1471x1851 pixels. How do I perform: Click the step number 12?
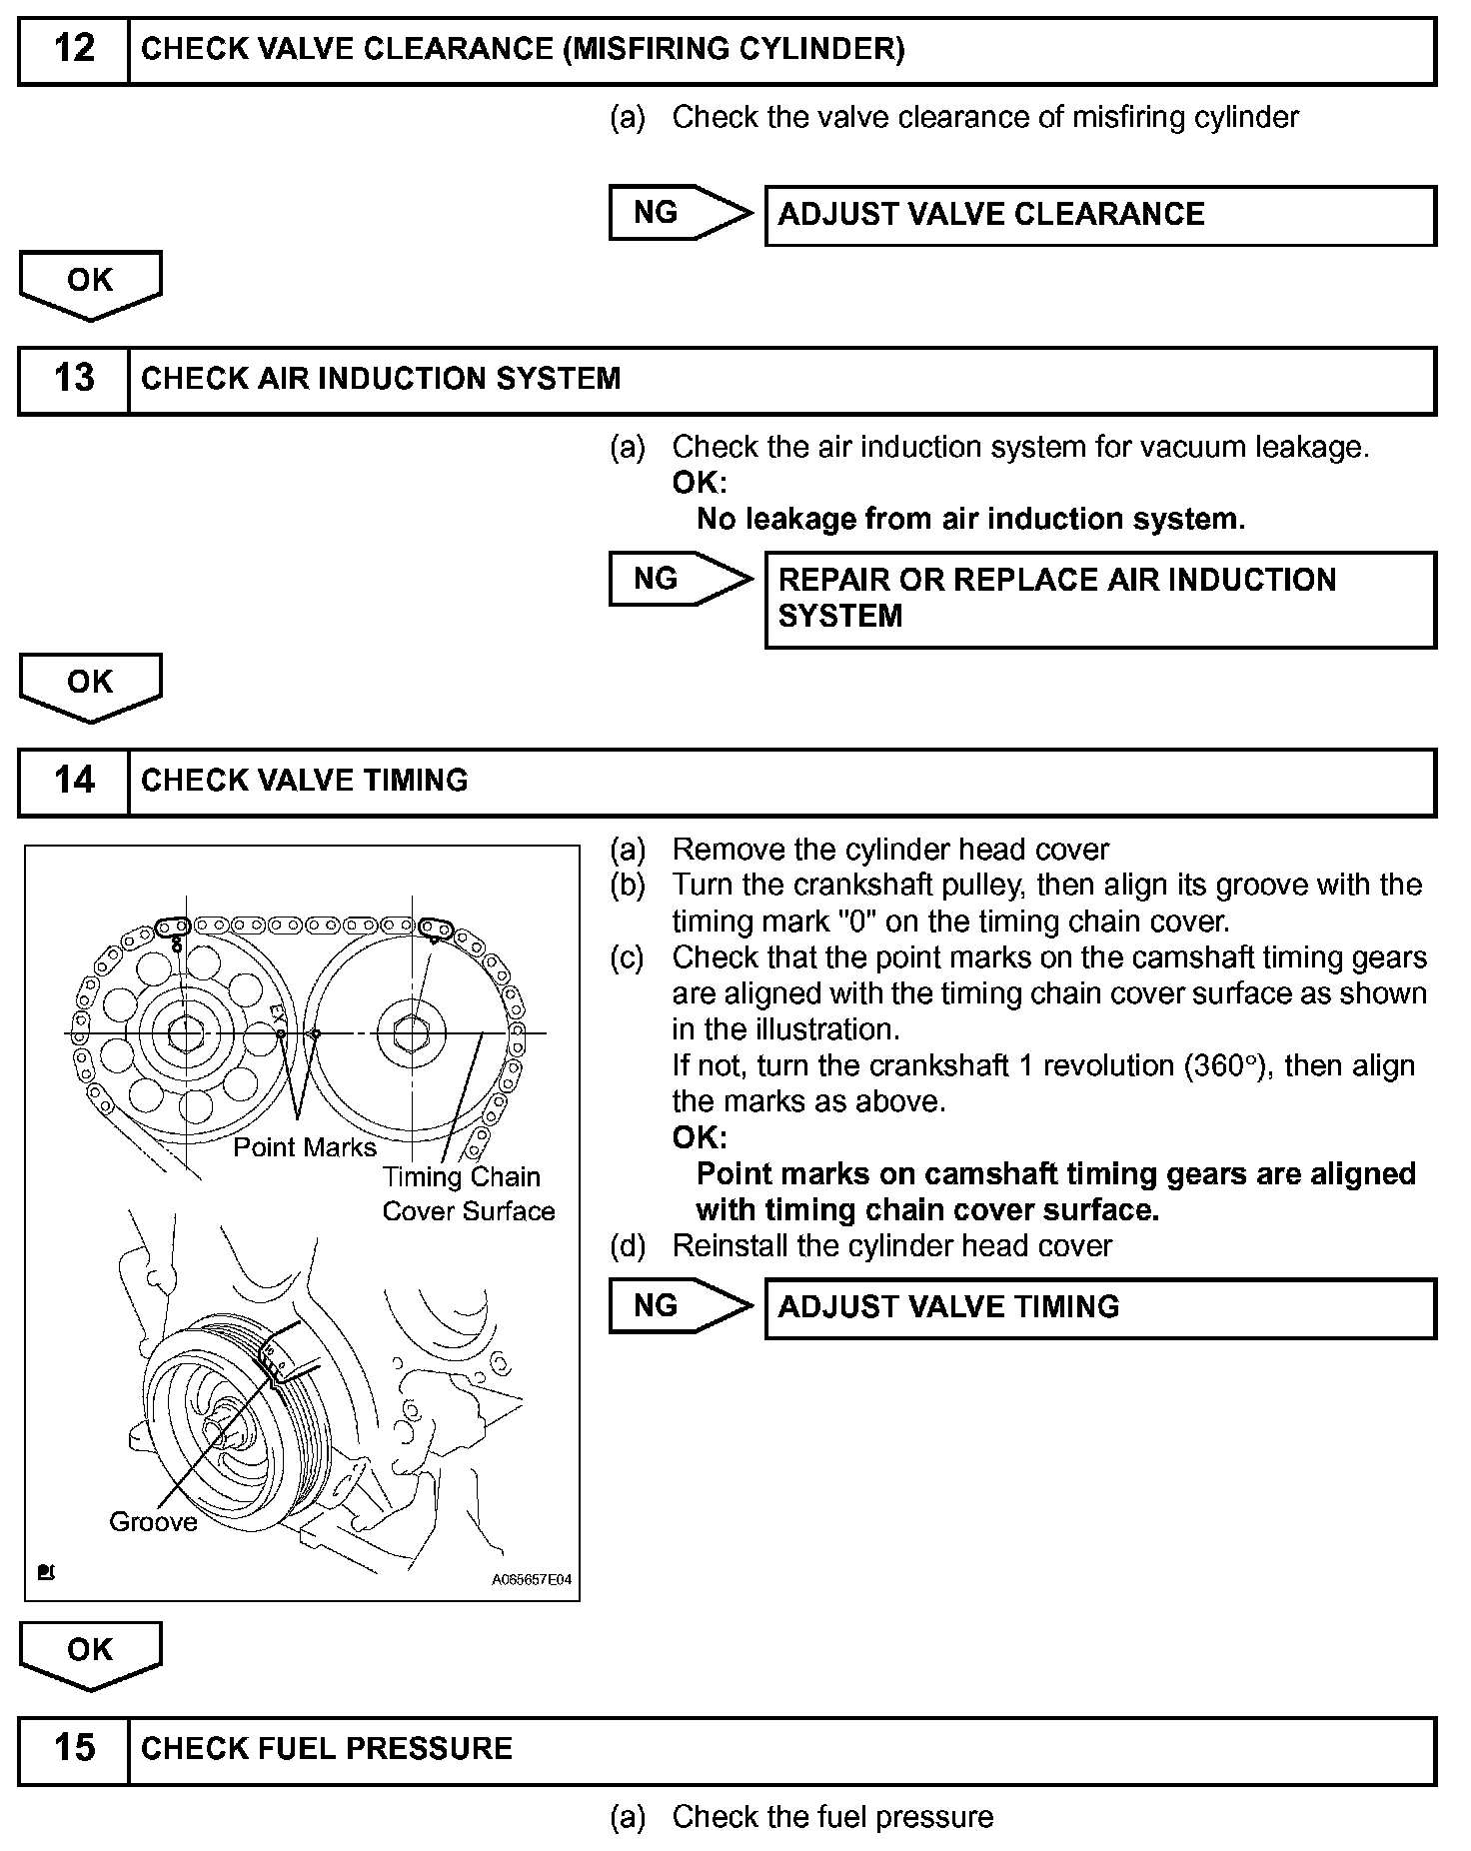pos(74,49)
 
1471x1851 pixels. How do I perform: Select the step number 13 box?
pos(74,379)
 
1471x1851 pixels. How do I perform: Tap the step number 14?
pos(74,781)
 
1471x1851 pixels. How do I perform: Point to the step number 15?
pos(74,1748)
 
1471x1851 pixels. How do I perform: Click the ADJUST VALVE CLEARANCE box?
pos(1099,215)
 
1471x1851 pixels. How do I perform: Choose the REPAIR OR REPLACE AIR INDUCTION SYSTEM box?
pos(1099,599)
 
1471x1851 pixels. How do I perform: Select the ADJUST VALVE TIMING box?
pos(1099,1307)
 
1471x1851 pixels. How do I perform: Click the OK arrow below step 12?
pos(90,284)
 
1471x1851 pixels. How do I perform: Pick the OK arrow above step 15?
pos(90,1653)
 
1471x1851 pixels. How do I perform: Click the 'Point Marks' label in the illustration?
pos(305,1147)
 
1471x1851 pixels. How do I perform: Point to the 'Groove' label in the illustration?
pos(153,1522)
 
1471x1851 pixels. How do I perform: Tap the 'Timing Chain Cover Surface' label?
pos(468,1194)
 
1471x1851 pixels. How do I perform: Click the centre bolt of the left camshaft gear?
pos(185,1032)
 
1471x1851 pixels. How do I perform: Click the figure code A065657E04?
pos(531,1580)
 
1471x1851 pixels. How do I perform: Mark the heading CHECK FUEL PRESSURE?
pos(327,1748)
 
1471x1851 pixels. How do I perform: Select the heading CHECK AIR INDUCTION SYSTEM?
pos(381,379)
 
